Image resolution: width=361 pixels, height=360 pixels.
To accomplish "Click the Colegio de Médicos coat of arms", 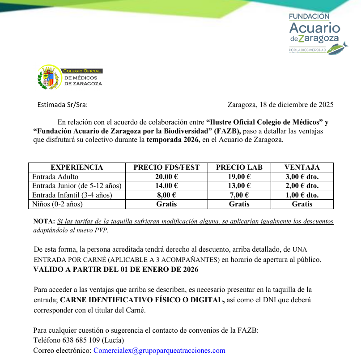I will click(49, 77).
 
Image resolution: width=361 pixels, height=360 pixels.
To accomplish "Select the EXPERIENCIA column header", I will click(76, 167).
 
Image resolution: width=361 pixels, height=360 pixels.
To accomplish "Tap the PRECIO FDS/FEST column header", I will click(166, 167).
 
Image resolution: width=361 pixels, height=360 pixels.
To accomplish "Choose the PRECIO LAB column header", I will click(239, 167).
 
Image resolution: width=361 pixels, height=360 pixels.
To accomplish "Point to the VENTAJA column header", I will click(302, 167).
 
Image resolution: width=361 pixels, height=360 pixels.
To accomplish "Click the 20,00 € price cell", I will click(166, 177).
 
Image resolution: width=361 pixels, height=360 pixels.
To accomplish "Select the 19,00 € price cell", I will click(239, 177).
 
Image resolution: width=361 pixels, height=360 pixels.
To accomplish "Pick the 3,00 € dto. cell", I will click(302, 177).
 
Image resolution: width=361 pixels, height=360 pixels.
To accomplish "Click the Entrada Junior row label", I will click(76, 186).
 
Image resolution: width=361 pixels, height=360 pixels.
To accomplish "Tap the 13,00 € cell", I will click(239, 186).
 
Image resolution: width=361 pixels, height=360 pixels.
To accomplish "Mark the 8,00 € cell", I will click(166, 195).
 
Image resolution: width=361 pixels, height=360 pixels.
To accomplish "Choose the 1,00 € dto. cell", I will click(302, 195).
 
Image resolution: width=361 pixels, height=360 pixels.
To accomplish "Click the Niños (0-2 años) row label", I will click(58, 204).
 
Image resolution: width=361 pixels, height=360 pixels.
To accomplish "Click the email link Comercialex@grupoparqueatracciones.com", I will click(159, 351).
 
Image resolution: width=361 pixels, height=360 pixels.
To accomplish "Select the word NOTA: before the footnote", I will click(44, 222).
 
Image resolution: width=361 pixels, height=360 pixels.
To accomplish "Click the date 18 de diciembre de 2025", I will click(296, 105).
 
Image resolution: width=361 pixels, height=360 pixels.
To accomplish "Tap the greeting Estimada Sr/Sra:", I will click(63, 105).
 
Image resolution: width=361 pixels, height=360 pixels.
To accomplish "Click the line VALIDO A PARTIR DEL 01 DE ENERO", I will click(116, 270).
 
